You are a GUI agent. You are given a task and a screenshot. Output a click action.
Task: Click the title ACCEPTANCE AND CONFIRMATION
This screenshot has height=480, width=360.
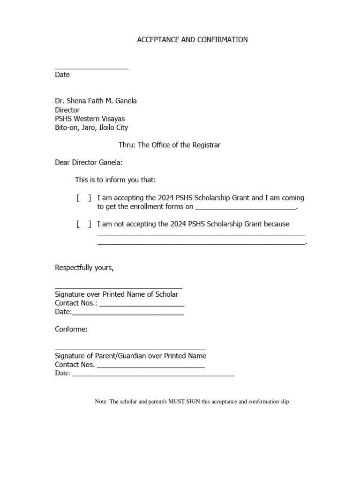click(192, 40)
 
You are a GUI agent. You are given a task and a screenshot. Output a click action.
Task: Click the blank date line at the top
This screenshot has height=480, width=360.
click(91, 68)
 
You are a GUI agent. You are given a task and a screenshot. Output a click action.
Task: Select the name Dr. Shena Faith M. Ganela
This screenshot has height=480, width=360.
click(96, 101)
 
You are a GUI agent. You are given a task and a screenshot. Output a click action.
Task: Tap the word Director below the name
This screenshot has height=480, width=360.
click(67, 110)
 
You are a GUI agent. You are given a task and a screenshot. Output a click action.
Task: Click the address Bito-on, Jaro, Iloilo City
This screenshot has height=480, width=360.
click(91, 127)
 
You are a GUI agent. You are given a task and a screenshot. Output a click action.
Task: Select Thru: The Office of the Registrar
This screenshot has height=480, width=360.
click(169, 145)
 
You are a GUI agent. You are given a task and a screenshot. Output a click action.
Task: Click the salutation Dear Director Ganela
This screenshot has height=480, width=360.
click(88, 163)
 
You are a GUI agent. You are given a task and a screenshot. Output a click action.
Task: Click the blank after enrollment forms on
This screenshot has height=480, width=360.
click(245, 208)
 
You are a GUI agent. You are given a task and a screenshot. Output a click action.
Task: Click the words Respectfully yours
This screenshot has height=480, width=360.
click(84, 268)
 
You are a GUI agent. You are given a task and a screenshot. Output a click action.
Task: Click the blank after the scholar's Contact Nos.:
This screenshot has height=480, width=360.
click(142, 305)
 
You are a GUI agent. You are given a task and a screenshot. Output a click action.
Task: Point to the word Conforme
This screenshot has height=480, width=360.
click(71, 329)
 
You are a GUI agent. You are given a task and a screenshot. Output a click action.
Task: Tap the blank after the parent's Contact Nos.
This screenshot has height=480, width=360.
click(150, 367)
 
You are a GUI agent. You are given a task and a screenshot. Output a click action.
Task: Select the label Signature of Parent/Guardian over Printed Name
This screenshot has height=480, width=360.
click(130, 356)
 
